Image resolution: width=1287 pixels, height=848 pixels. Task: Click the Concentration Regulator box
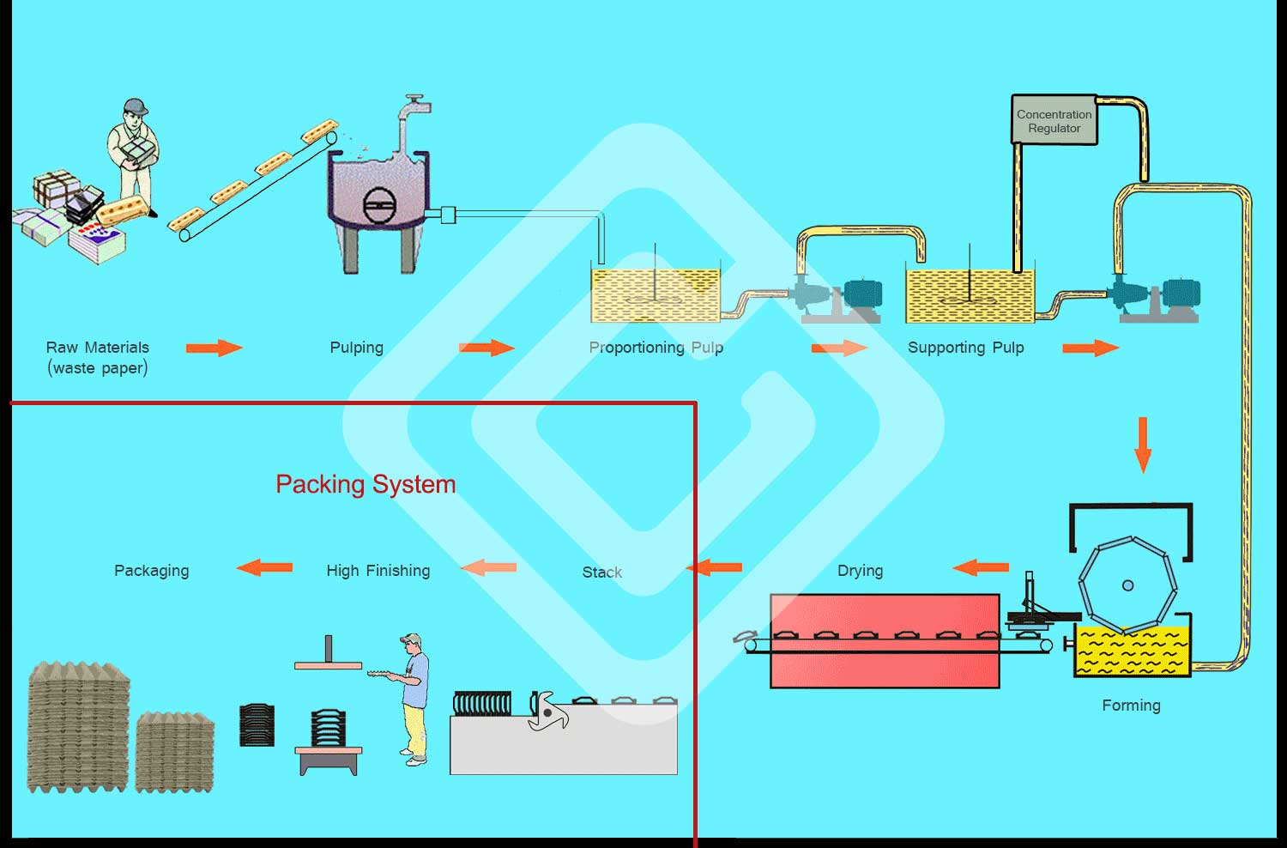pyautogui.click(x=1054, y=119)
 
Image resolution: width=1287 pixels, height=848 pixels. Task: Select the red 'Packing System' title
pyautogui.click(x=366, y=484)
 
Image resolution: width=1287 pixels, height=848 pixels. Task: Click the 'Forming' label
pyautogui.click(x=1131, y=706)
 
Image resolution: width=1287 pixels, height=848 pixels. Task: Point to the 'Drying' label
pyautogui.click(x=860, y=571)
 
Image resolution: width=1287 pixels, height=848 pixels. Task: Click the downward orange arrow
pyautogui.click(x=1143, y=445)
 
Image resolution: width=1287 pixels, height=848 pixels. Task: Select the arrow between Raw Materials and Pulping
pyautogui.click(x=214, y=348)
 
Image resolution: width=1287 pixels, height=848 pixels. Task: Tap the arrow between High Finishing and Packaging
pyautogui.click(x=264, y=568)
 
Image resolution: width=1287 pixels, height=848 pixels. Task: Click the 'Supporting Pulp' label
pyautogui.click(x=965, y=348)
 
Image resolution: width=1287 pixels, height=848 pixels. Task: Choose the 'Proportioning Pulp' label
pyautogui.click(x=656, y=348)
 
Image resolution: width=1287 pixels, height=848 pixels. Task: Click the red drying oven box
pyautogui.click(x=885, y=640)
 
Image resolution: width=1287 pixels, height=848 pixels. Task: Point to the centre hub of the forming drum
pyautogui.click(x=1127, y=585)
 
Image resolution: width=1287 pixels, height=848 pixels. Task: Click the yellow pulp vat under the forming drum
pyautogui.click(x=1132, y=651)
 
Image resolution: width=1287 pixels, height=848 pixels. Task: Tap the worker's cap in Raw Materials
pyautogui.click(x=136, y=106)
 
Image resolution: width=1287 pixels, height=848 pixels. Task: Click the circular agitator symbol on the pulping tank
pyautogui.click(x=380, y=205)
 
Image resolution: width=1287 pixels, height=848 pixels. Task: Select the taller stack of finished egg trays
pyautogui.click(x=78, y=727)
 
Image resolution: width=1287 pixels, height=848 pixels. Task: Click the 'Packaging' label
pyautogui.click(x=152, y=571)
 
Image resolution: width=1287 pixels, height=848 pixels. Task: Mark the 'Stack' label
pyautogui.click(x=602, y=572)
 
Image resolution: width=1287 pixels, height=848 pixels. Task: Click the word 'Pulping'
pyautogui.click(x=356, y=348)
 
